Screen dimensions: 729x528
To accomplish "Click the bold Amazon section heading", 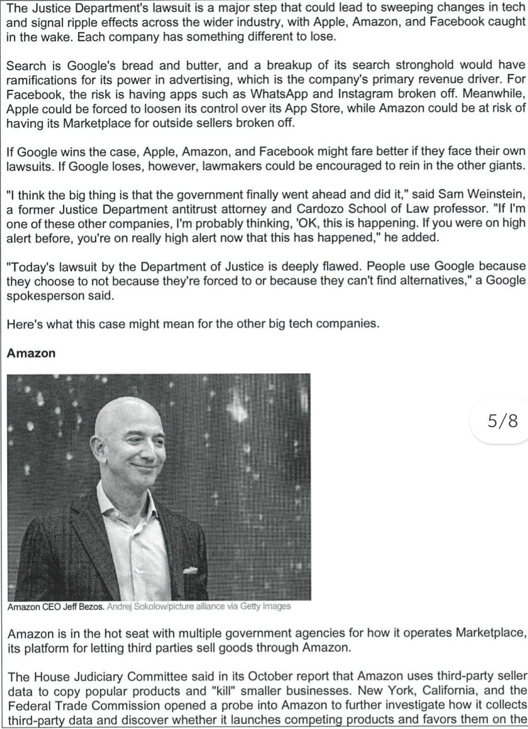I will tap(31, 353).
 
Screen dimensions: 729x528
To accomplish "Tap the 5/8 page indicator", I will tap(502, 421).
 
